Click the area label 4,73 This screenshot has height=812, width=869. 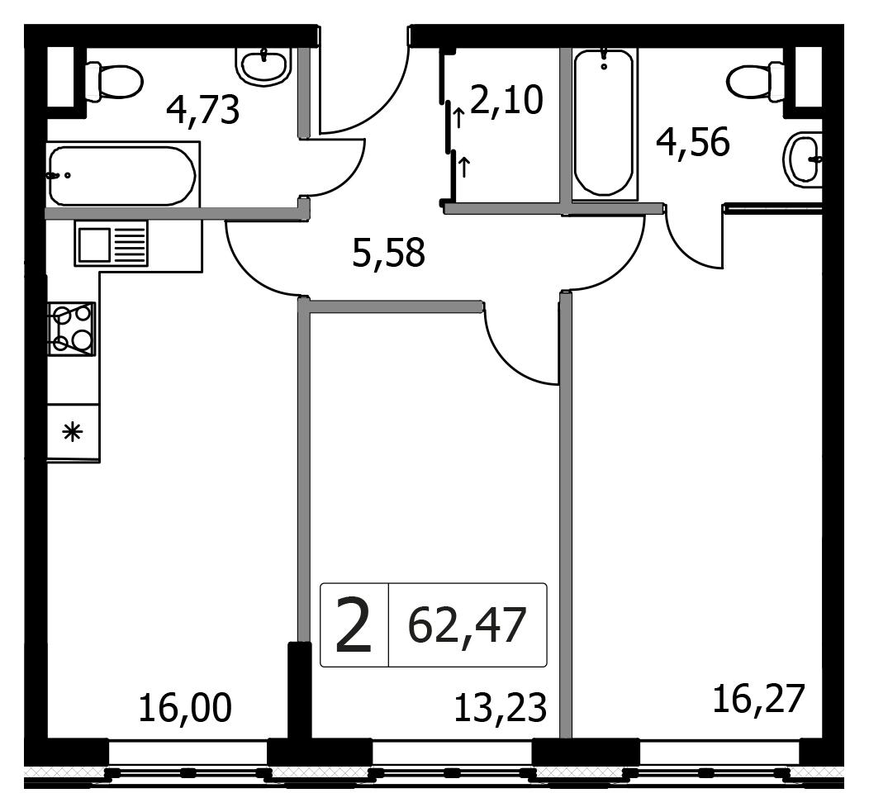203,111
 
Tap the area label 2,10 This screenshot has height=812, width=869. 506,100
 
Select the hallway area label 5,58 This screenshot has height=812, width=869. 388,252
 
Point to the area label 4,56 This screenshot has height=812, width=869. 693,142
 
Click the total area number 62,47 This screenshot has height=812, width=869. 467,625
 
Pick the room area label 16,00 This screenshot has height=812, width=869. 185,708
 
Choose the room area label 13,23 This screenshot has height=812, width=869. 501,708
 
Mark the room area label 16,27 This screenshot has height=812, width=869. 758,699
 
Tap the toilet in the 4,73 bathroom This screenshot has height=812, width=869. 114,82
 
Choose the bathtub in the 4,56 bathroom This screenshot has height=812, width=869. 604,123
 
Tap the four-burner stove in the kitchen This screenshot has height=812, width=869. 72,329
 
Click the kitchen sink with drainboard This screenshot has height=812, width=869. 112,244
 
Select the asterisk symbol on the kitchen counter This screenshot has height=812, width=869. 73,432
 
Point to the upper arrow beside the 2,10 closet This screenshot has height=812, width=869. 458,118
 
